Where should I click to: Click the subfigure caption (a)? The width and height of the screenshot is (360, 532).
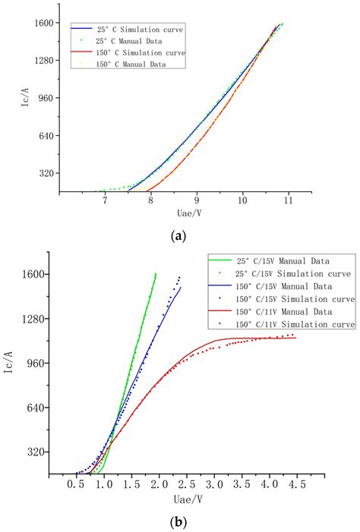(x=180, y=236)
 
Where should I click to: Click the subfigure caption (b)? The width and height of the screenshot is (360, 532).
(x=180, y=522)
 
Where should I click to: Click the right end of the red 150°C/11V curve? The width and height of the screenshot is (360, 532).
(x=295, y=338)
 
